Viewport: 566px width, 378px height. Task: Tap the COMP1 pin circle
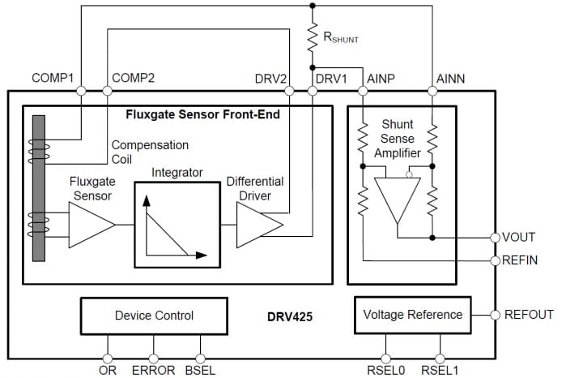pyautogui.click(x=81, y=91)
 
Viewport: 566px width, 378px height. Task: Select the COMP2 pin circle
pyautogui.click(x=108, y=91)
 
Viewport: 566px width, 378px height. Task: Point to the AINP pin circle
pyautogui.click(x=364, y=91)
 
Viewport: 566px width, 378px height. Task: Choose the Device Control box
pyautogui.click(x=154, y=315)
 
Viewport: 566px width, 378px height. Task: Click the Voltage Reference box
pyautogui.click(x=412, y=315)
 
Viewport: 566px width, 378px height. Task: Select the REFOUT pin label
pyautogui.click(x=529, y=315)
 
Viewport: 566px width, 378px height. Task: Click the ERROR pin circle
pyautogui.click(x=154, y=357)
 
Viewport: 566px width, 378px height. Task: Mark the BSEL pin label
pyautogui.click(x=199, y=371)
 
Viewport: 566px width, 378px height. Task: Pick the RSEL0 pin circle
pyautogui.click(x=386, y=357)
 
